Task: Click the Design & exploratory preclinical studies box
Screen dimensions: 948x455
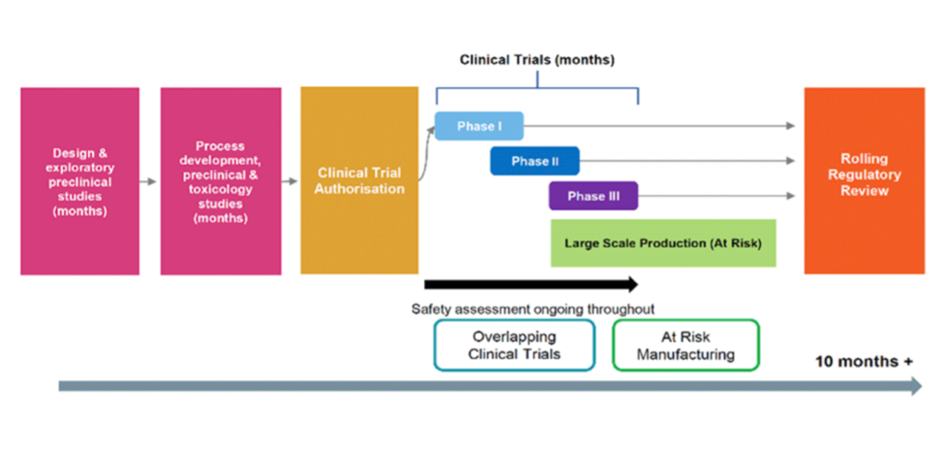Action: coord(80,181)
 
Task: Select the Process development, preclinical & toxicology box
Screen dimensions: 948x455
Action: coord(220,181)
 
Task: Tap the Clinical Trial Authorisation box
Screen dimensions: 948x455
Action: coord(359,180)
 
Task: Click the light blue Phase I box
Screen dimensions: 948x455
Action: coord(479,126)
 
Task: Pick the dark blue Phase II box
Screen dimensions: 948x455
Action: coord(534,161)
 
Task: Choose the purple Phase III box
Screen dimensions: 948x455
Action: coord(593,196)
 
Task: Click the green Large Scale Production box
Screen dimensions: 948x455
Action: coord(663,243)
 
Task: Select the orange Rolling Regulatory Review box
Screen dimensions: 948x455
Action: coord(864,180)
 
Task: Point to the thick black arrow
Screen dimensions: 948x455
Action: coord(531,284)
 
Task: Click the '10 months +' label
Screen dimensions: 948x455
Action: coord(864,362)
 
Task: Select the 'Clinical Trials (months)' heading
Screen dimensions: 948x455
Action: coord(537,60)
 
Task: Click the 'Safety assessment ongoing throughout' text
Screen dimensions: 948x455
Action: coord(532,309)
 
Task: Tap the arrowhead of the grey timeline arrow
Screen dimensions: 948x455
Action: coord(917,387)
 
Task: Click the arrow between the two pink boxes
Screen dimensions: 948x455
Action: coord(148,181)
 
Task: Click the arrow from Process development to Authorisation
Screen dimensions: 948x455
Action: coord(290,181)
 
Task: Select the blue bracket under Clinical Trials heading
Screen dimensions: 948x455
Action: coord(538,88)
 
